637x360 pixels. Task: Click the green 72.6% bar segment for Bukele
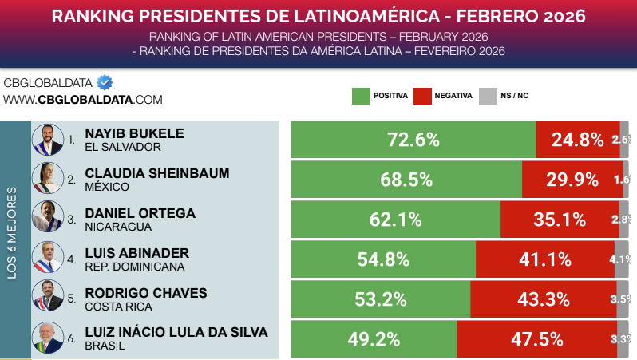[x=413, y=140]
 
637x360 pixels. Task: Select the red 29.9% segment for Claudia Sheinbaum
[x=572, y=180]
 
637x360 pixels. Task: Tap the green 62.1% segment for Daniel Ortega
[x=395, y=220]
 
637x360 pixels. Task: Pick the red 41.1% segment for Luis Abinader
[x=545, y=259]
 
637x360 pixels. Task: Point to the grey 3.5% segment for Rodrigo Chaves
[x=623, y=299]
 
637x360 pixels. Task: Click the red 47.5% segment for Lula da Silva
[x=536, y=339]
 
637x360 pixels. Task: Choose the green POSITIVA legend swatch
[x=361, y=96]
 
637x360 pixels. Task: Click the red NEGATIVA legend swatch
[x=422, y=96]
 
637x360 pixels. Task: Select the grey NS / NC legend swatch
[x=487, y=96]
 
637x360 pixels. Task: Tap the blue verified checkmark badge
[x=104, y=82]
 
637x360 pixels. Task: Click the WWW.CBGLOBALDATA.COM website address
[x=83, y=100]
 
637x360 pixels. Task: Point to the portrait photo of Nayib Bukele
[x=47, y=140]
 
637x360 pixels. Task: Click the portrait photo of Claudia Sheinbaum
[x=47, y=180]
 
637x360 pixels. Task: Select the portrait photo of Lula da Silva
[x=47, y=338]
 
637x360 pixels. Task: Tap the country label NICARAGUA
[x=118, y=227]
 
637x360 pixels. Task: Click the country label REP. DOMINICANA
[x=134, y=267]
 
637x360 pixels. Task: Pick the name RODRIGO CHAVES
[x=145, y=292]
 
